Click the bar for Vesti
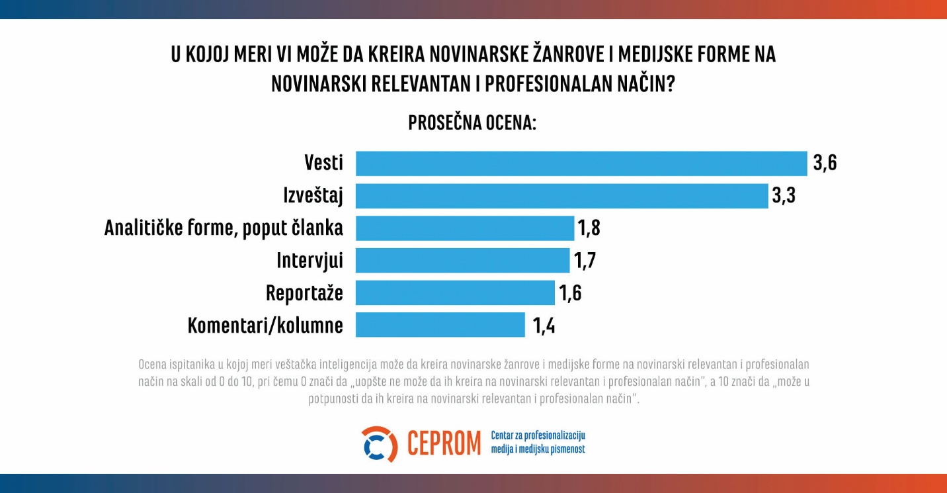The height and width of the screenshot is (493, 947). pos(581,163)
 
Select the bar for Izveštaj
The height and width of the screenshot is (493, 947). pos(561,196)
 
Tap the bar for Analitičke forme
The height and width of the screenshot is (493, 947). pos(464,228)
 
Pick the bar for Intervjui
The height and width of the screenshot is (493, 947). pos(462,260)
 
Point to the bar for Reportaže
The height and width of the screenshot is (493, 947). pos(455,292)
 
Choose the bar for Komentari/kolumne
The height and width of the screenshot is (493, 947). pos(440,325)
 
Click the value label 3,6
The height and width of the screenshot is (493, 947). pos(825,163)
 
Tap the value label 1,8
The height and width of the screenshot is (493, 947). pos(589,228)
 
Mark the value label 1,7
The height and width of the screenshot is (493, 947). pos(585,260)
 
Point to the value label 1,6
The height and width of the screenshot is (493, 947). pos(569,292)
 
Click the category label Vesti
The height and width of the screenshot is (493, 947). pos(323,163)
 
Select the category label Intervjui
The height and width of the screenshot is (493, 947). pos(309,260)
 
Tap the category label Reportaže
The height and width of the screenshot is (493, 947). pos(304,292)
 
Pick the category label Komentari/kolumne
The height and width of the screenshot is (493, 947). pos(265,325)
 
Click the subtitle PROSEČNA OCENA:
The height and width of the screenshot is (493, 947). pos(472,123)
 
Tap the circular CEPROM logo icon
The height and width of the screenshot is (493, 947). pos(379,444)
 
